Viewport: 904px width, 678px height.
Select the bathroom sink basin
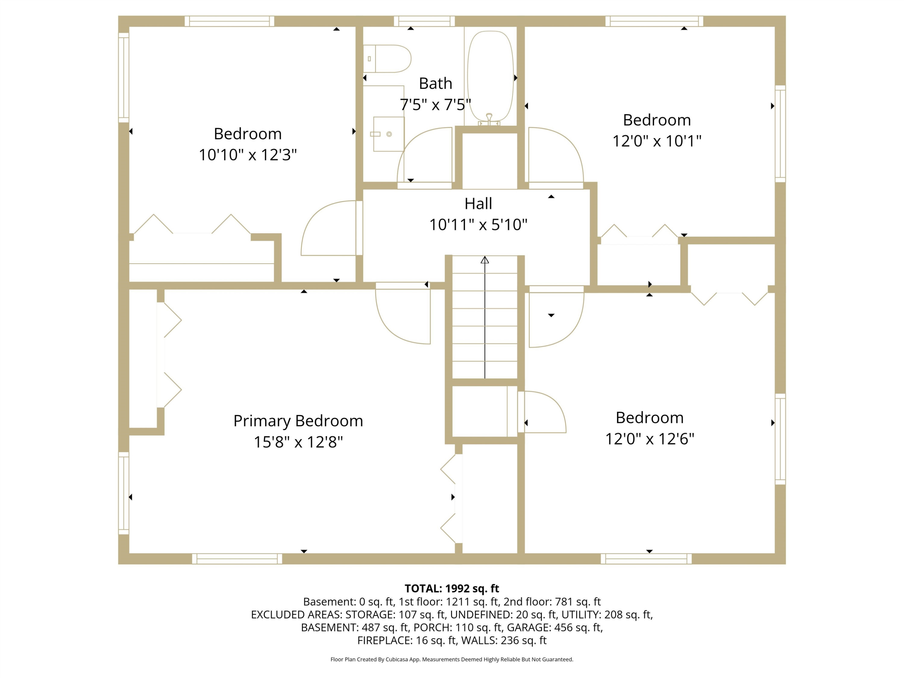pyautogui.click(x=389, y=134)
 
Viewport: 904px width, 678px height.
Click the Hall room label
pyautogui.click(x=478, y=203)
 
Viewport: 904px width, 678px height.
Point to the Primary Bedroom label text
pyautogui.click(x=298, y=421)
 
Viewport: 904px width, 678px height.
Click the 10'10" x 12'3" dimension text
pyautogui.click(x=248, y=155)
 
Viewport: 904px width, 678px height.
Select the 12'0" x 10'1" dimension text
pyautogui.click(x=657, y=141)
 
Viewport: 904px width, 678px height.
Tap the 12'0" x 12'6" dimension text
pyautogui.click(x=650, y=439)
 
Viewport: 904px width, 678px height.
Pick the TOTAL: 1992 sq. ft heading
pyautogui.click(x=452, y=589)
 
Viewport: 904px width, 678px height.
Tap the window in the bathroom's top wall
pyautogui.click(x=424, y=21)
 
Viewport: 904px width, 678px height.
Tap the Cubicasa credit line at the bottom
pyautogui.click(x=452, y=659)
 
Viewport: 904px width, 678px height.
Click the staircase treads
pyautogui.click(x=485, y=317)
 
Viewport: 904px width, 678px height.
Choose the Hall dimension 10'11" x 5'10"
pyautogui.click(x=478, y=225)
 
